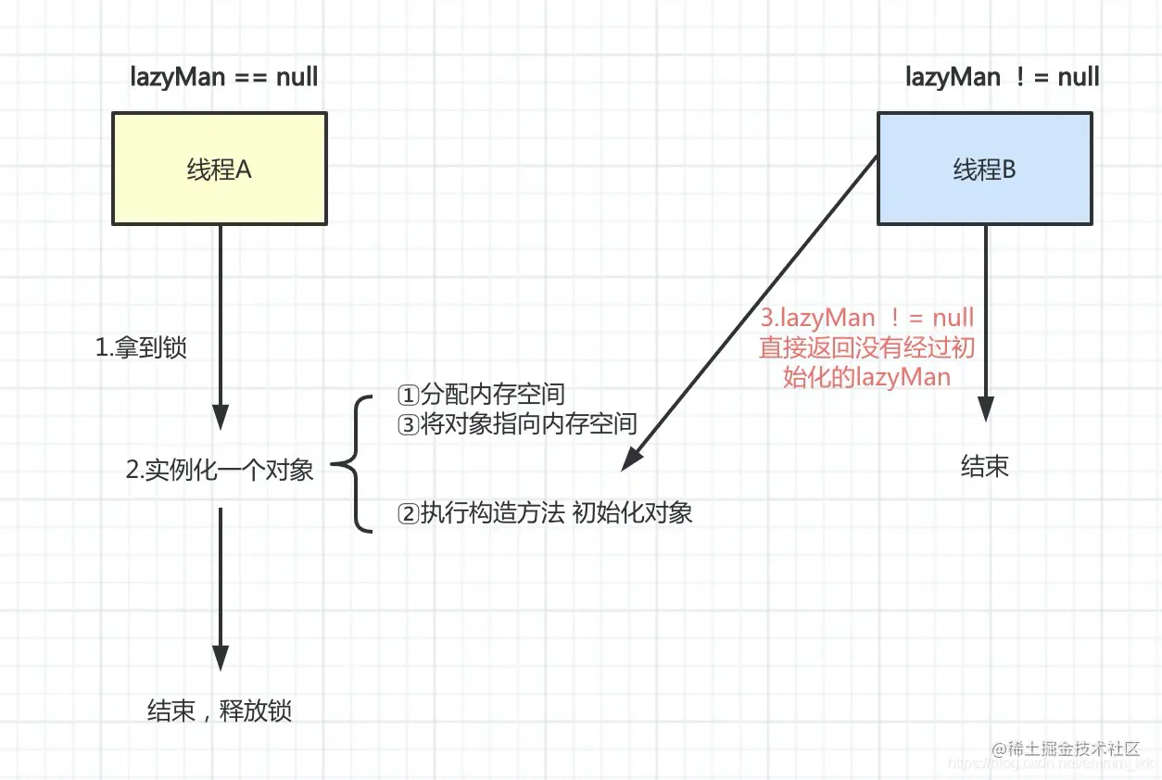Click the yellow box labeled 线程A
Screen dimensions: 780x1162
click(220, 170)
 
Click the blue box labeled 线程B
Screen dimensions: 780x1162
click(984, 170)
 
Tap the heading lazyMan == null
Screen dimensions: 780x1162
click(224, 77)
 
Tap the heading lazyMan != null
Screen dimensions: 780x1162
click(1002, 77)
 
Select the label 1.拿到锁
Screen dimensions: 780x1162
click(142, 347)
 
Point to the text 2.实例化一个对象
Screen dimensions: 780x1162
click(220, 470)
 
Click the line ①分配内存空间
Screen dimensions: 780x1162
click(481, 394)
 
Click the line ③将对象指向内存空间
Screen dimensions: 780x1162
click(517, 423)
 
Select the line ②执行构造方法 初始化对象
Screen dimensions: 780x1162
click(545, 513)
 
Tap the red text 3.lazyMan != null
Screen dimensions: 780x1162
click(866, 318)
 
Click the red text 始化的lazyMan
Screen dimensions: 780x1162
click(866, 377)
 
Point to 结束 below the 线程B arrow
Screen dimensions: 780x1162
click(984, 467)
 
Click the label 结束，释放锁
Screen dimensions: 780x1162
click(220, 711)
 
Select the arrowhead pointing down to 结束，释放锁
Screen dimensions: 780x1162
click(221, 658)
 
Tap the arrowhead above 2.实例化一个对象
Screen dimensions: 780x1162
click(221, 416)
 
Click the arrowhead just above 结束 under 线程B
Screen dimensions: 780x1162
click(985, 409)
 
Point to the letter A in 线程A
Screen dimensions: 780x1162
click(244, 170)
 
